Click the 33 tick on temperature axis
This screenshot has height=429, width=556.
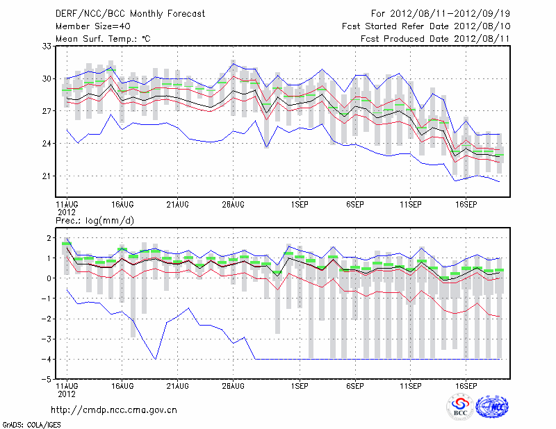coord(48,47)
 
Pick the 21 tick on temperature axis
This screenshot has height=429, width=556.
coord(48,176)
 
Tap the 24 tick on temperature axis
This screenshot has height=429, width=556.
coord(48,144)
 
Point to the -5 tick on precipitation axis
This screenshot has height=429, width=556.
coord(48,380)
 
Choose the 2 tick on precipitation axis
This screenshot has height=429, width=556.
coord(49,238)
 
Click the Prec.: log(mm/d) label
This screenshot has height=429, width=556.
coord(95,220)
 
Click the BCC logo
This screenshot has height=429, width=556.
coord(460,406)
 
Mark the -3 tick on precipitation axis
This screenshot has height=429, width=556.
coord(48,339)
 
